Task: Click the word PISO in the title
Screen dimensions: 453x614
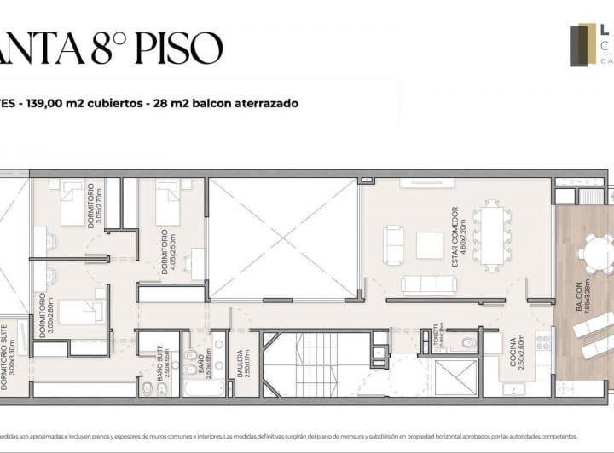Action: click(x=179, y=49)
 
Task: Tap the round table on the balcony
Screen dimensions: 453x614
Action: click(x=594, y=253)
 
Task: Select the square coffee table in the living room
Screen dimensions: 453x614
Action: click(x=429, y=244)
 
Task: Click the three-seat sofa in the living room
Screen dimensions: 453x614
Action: click(x=428, y=284)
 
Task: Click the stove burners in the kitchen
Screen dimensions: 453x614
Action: click(x=543, y=342)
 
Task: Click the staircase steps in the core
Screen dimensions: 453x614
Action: click(x=318, y=364)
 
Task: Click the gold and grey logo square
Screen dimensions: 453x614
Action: click(x=582, y=44)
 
